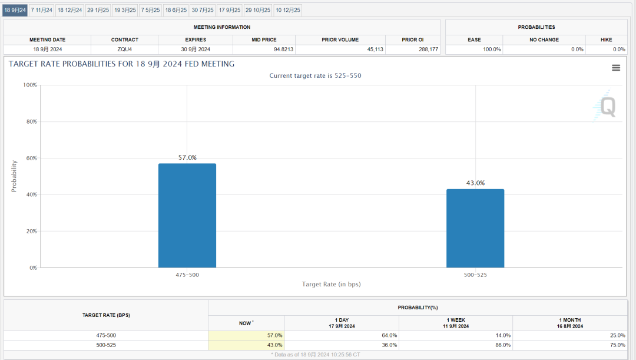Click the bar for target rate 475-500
coord(187,216)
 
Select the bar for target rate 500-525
coord(475,229)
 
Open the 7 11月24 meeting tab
coord(42,10)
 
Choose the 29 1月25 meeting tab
coord(98,10)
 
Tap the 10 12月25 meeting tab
coord(288,10)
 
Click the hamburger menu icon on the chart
coord(616,68)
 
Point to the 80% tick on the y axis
coord(29,121)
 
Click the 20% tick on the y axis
coord(29,231)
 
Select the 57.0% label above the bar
coord(187,157)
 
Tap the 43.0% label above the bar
coord(475,183)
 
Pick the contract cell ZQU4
coord(125,49)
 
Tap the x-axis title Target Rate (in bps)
coord(331,284)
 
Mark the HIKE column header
coord(607,39)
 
